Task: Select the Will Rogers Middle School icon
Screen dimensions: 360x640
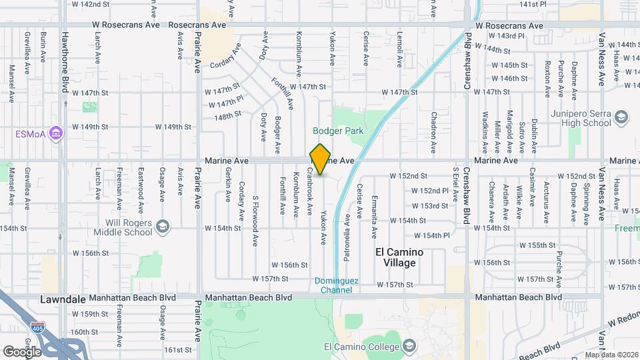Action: (162, 228)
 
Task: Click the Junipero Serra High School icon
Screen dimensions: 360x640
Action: (621, 118)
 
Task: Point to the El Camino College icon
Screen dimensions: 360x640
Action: (409, 346)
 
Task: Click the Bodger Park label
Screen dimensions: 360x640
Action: (339, 131)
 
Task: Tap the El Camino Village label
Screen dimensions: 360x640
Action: (399, 257)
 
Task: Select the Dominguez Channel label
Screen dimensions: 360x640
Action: (337, 285)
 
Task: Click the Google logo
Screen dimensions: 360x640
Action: (21, 351)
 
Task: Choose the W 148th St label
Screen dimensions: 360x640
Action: (228, 115)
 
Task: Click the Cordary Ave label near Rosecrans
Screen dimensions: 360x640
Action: (224, 65)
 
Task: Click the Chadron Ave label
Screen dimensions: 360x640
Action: (433, 130)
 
